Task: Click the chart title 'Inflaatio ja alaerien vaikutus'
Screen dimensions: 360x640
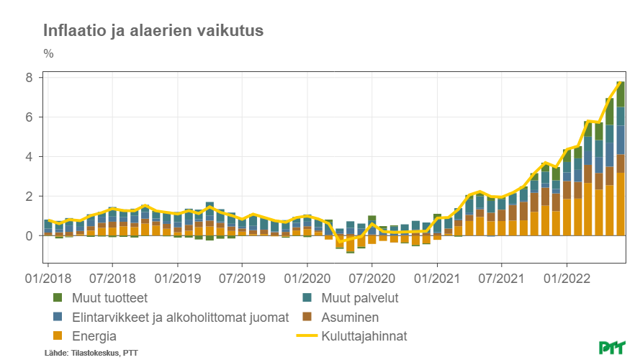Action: point(153,30)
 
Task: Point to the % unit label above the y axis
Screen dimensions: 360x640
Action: point(48,53)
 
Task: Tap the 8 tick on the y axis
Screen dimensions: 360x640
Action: point(30,78)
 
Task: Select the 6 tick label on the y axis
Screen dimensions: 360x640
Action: point(30,117)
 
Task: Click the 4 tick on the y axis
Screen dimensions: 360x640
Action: point(30,157)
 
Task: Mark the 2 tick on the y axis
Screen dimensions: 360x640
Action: point(30,197)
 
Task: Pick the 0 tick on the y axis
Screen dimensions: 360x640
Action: point(30,236)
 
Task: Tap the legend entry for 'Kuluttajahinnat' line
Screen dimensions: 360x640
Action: point(364,336)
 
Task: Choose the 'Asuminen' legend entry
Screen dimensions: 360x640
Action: point(350,317)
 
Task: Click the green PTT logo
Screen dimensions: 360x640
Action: point(612,347)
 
